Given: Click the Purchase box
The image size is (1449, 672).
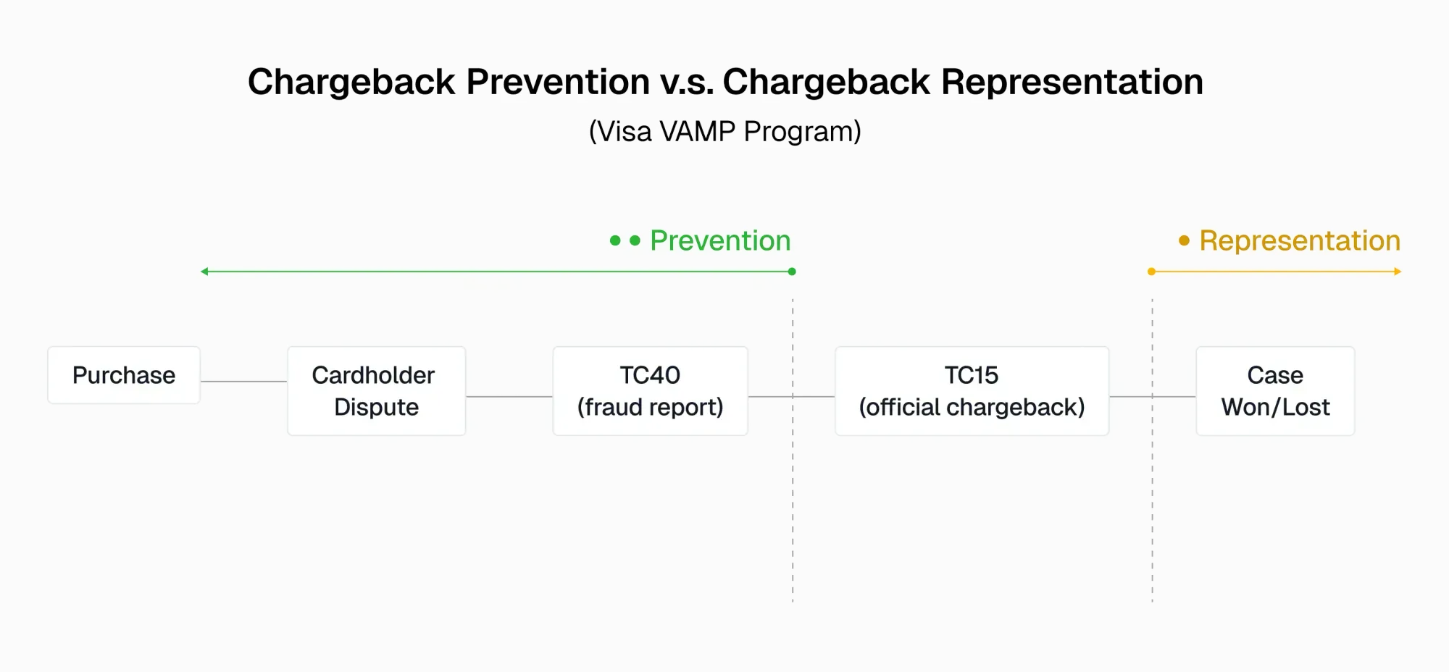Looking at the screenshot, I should [x=124, y=375].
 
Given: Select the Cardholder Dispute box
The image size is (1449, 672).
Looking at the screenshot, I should [x=376, y=391].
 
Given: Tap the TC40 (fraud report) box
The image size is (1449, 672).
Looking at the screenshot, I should [x=650, y=391].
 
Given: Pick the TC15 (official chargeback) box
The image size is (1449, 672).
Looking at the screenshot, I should [x=972, y=391].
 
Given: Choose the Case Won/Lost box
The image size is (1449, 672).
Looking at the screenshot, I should [x=1275, y=391].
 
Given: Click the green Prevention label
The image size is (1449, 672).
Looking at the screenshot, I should [x=719, y=240].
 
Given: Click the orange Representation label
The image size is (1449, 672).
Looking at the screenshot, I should [x=1299, y=240].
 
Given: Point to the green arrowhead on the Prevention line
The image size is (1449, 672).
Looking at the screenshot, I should [x=204, y=272].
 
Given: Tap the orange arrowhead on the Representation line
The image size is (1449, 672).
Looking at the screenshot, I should [x=1398, y=272].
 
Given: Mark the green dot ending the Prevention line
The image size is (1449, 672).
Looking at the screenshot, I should [x=792, y=272].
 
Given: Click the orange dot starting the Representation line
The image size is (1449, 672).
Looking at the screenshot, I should [x=1151, y=272].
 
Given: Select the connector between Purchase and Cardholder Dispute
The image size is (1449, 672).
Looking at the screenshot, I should [x=243, y=381].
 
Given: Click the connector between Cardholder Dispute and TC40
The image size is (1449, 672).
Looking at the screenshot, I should [x=509, y=396].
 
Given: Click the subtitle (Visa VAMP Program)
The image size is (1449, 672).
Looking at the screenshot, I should [x=724, y=132].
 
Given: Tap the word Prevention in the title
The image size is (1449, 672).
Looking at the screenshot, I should [x=558, y=82].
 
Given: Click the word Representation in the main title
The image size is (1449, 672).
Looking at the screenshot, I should [x=1072, y=82].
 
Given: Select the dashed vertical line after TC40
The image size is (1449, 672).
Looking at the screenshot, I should [x=793, y=507].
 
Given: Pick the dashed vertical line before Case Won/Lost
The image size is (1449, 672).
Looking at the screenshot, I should [x=1152, y=507].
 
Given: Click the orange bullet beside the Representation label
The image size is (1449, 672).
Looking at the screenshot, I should [x=1184, y=240].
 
